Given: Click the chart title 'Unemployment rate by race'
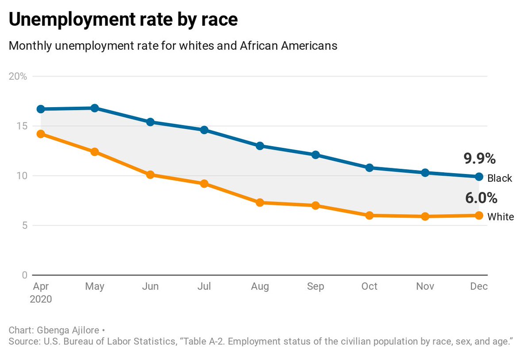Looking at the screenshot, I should [x=123, y=20].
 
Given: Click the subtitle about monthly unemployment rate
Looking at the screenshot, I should [x=173, y=46].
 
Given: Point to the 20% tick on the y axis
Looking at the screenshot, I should [x=18, y=76].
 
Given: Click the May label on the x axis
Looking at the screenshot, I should [x=95, y=286].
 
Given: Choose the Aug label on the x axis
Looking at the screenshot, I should [x=260, y=286].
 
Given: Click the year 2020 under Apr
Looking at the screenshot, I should [x=41, y=299].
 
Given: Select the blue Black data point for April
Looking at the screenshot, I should [x=41, y=109].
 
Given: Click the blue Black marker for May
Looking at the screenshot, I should [x=95, y=108].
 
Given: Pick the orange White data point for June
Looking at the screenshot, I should [x=150, y=175].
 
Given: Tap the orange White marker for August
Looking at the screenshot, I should [x=260, y=202].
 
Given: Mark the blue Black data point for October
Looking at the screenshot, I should [x=369, y=168].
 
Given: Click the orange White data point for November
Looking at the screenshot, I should [x=425, y=217].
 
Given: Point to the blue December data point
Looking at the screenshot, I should [x=479, y=177].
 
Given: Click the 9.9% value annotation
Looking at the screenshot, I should [x=479, y=159].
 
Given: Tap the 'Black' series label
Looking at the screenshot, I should [x=500, y=178].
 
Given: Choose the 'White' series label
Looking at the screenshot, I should [x=500, y=217].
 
